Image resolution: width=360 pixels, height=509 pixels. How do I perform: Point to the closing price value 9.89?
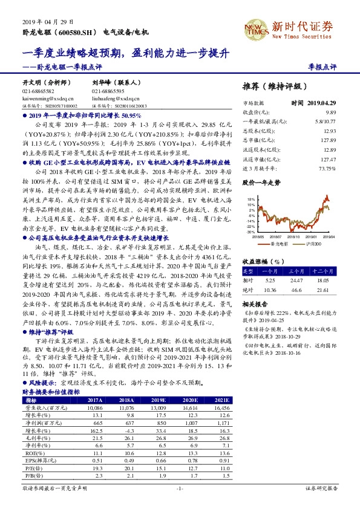[x=330, y=113]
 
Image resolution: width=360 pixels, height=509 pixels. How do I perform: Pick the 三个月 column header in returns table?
[x=296, y=271]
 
